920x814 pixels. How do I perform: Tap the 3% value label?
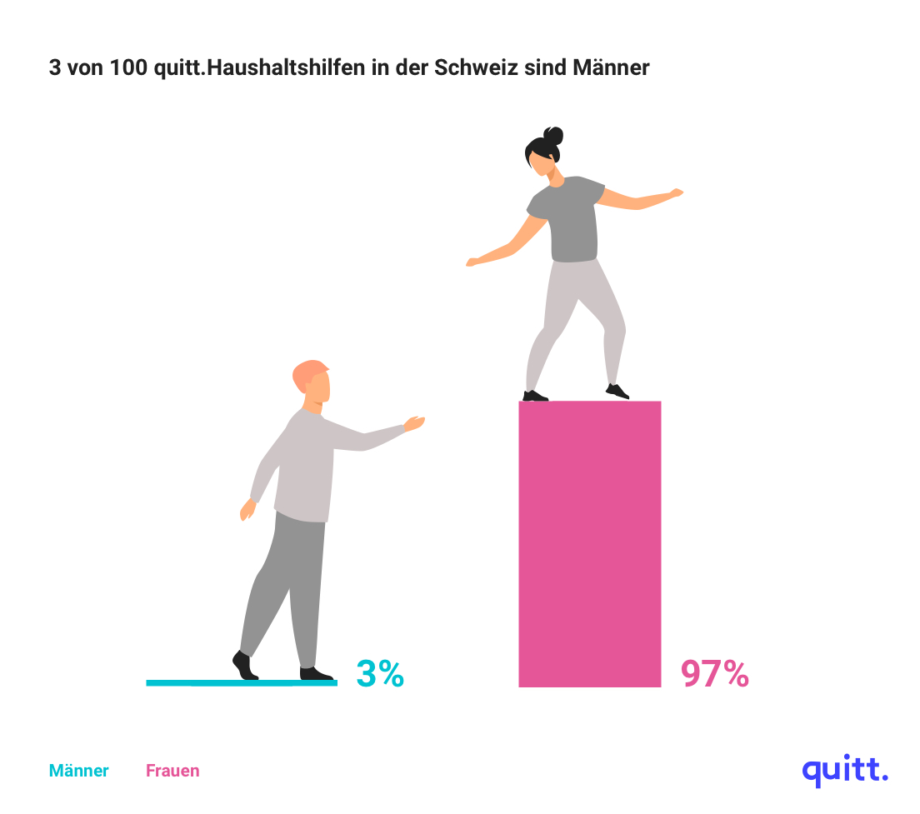click(380, 673)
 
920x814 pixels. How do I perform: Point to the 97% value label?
click(715, 673)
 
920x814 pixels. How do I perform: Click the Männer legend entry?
click(78, 771)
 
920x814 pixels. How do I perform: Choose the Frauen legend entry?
click(172, 771)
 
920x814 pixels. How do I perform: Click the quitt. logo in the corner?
click(844, 770)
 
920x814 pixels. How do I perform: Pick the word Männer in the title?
click(611, 68)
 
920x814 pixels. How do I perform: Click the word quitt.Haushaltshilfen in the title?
click(258, 68)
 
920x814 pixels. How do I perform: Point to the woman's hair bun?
click(553, 135)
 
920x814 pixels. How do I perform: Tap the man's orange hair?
click(307, 374)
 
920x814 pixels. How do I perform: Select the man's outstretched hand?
click(414, 423)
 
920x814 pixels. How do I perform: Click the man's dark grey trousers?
click(287, 583)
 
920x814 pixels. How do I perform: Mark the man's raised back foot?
click(242, 665)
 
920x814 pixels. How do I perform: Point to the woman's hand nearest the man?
click(472, 262)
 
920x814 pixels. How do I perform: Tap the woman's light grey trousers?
click(575, 317)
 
